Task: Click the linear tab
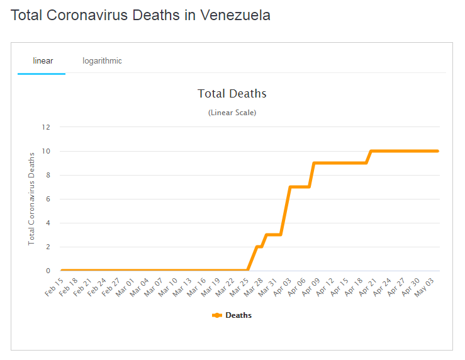[43, 61]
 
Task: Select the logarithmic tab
[102, 61]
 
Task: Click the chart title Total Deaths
[232, 94]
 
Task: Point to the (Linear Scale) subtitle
[232, 113]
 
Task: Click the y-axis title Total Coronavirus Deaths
[32, 198]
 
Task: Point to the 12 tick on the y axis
[45, 127]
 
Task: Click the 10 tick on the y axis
[45, 151]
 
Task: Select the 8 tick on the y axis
[47, 175]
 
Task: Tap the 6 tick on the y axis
[47, 199]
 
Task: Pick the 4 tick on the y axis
[47, 223]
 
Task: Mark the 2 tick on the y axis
[47, 247]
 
